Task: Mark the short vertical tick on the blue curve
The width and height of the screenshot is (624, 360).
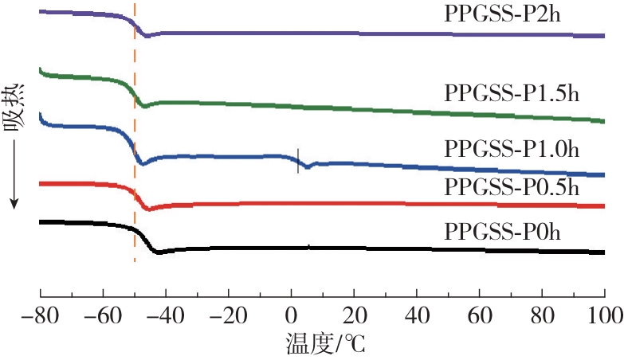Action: (x=298, y=160)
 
